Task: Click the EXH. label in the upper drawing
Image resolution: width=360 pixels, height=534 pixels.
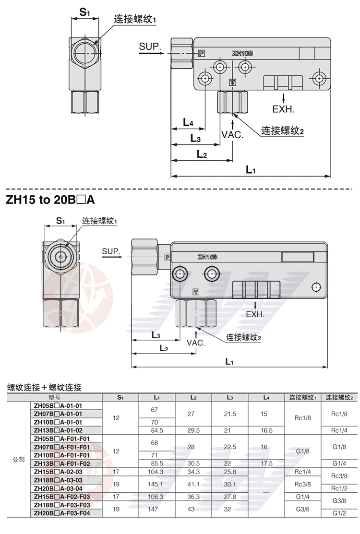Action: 283,109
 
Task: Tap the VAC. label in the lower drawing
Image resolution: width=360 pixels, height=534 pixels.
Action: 196,343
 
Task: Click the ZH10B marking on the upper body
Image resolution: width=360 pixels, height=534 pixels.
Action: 242,53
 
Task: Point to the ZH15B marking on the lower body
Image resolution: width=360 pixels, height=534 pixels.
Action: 207,257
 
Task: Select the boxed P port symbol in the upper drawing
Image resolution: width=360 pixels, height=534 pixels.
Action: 202,53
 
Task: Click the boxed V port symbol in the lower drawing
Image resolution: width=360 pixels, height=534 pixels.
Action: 196,292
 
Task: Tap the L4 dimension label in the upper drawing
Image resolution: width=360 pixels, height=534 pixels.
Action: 188,122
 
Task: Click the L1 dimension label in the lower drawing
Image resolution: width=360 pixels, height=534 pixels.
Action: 229,361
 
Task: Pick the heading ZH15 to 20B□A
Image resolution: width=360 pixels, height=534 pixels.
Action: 50,200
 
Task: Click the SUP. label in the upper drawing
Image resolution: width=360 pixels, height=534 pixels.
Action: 150,47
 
